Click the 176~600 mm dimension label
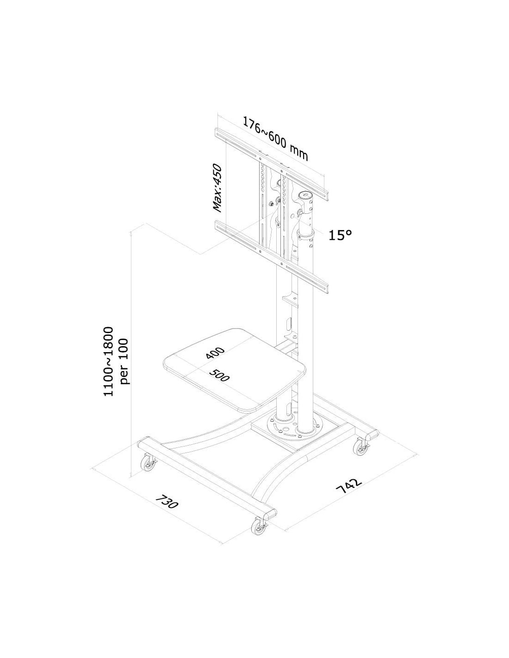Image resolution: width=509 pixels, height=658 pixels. [x=275, y=138]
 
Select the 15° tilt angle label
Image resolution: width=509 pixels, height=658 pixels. [x=340, y=235]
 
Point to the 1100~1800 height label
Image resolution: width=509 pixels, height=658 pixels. [x=108, y=361]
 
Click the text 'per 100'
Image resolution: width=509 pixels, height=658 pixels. [x=124, y=361]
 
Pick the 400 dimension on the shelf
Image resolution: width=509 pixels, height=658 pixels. [x=215, y=353]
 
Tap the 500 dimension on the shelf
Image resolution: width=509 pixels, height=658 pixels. [x=219, y=375]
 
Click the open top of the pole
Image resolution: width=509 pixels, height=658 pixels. [x=308, y=195]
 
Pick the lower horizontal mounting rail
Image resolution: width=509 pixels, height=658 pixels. [x=272, y=257]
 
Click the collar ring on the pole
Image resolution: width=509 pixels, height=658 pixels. [x=307, y=234]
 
